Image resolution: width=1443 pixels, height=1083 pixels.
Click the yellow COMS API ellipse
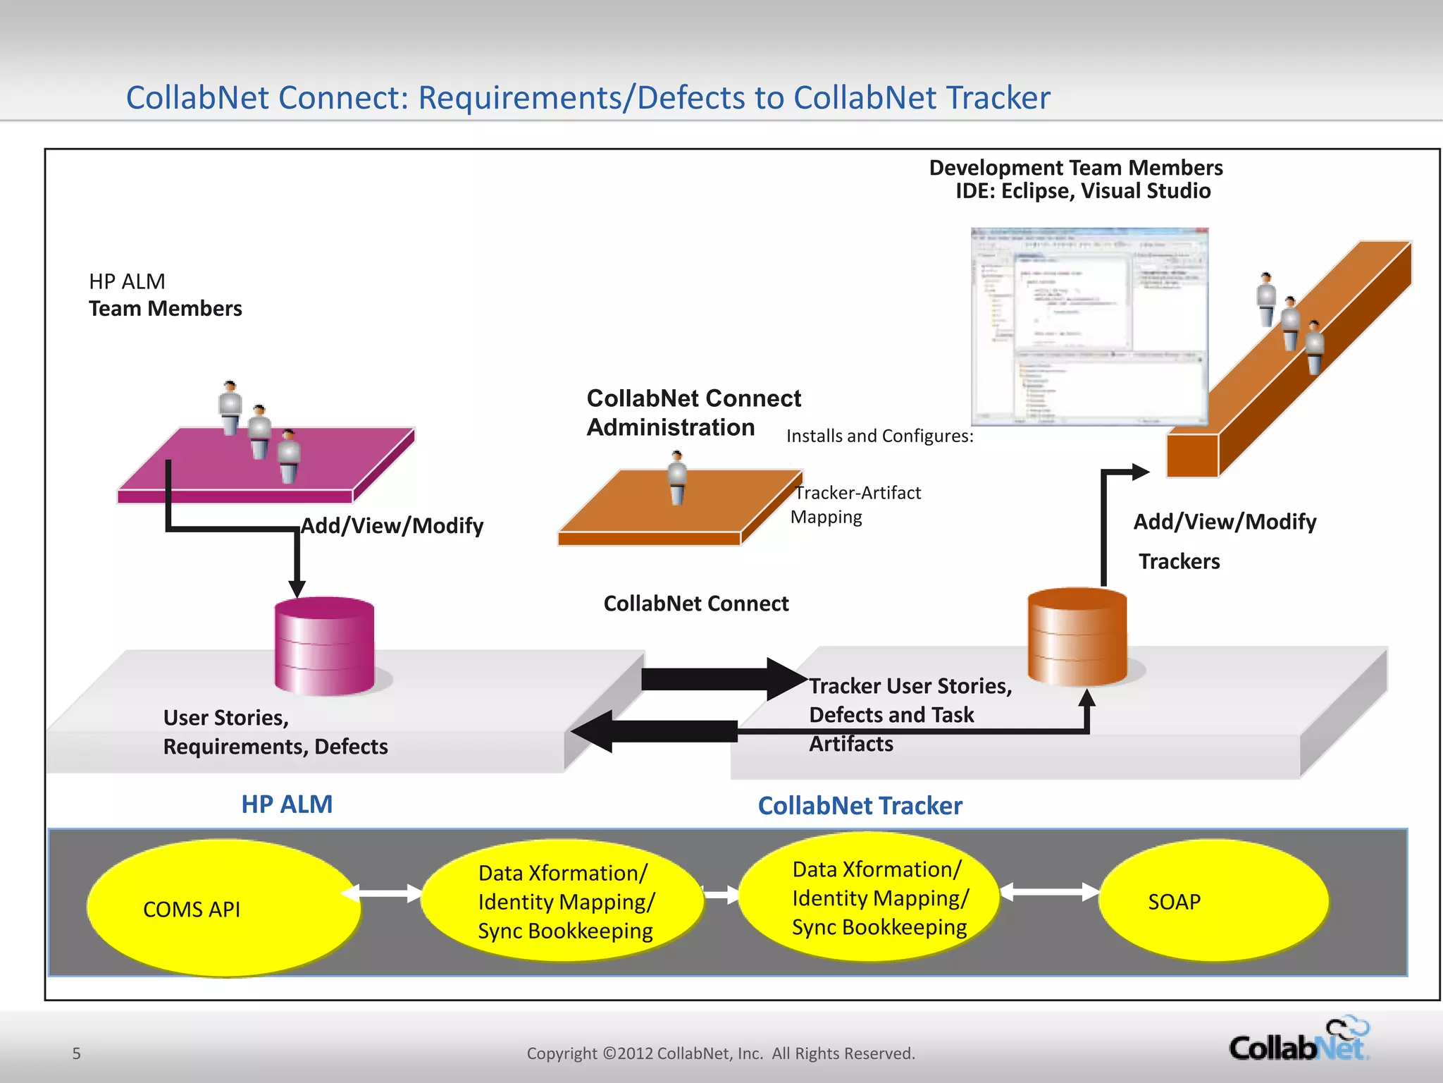pyautogui.click(x=224, y=908)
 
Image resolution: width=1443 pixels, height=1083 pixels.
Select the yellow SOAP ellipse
pyautogui.click(x=1213, y=900)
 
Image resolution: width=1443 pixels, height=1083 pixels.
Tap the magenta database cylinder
pyautogui.click(x=324, y=646)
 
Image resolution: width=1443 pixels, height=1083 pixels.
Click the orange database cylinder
pyautogui.click(x=1077, y=637)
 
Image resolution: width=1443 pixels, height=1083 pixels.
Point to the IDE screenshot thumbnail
pyautogui.click(x=1089, y=326)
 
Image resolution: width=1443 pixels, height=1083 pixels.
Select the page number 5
pyautogui.click(x=77, y=1053)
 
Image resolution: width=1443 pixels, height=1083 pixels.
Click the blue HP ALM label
pyautogui.click(x=287, y=804)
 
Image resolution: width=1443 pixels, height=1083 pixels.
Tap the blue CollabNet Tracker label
pyautogui.click(x=860, y=806)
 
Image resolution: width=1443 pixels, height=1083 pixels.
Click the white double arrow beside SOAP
pyautogui.click(x=1050, y=892)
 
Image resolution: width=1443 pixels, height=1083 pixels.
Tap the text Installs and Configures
pyautogui.click(x=879, y=436)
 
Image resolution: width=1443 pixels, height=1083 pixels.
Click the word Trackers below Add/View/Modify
pyautogui.click(x=1179, y=561)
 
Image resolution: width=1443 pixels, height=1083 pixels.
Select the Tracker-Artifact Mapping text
pyautogui.click(x=855, y=505)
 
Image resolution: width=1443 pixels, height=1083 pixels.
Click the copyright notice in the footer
pyautogui.click(x=720, y=1053)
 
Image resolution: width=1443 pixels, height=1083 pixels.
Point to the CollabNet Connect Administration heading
pyautogui.click(x=693, y=412)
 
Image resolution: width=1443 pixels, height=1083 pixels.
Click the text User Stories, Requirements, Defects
pyautogui.click(x=275, y=732)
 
